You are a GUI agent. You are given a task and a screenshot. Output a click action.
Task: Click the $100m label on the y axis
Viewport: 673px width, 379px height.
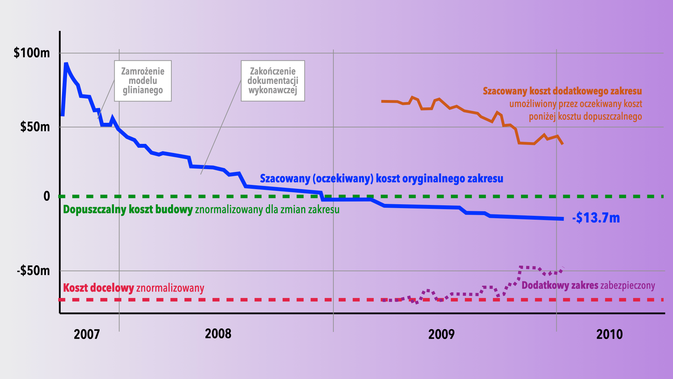(x=32, y=53)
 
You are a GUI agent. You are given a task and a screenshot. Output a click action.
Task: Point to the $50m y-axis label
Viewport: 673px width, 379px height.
(x=35, y=127)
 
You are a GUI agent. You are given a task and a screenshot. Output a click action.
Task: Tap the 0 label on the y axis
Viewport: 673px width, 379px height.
(x=47, y=196)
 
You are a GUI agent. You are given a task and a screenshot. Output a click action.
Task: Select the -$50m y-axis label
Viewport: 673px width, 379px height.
(x=34, y=271)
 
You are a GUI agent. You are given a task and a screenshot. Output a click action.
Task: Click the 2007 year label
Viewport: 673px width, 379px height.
(x=87, y=334)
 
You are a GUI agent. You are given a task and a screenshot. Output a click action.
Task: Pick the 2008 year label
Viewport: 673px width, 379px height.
(x=218, y=334)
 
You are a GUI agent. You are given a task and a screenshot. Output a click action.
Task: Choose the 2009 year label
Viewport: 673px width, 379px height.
(x=441, y=334)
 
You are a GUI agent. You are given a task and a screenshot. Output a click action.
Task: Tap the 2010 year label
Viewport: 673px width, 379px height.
(x=610, y=334)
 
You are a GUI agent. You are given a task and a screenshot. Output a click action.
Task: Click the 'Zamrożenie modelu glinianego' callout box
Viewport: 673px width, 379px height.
(x=143, y=81)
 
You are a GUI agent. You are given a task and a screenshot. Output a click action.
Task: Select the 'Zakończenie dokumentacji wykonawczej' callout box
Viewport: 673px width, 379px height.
(x=273, y=81)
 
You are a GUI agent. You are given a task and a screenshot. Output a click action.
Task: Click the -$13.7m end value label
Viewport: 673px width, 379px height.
(x=596, y=218)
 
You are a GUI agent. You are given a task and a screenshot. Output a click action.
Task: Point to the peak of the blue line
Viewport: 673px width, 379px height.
(x=66, y=64)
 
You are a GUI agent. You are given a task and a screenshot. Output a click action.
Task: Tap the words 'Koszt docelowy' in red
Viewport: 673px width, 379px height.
(x=98, y=288)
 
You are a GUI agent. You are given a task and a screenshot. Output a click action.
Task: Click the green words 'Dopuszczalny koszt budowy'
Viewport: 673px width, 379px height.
(x=128, y=210)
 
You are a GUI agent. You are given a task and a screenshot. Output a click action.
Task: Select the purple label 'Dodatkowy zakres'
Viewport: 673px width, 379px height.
(x=560, y=285)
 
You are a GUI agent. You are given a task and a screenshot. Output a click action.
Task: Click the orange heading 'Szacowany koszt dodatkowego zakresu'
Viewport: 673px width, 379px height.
(x=562, y=91)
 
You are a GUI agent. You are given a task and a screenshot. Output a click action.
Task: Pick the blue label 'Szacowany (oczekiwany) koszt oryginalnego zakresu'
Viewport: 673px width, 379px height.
(x=381, y=179)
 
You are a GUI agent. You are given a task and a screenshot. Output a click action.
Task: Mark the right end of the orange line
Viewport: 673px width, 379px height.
(x=563, y=144)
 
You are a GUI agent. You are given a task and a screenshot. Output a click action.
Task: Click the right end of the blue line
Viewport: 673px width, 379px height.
(x=563, y=219)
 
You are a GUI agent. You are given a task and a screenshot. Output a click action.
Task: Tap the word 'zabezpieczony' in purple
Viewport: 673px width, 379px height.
(x=627, y=286)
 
